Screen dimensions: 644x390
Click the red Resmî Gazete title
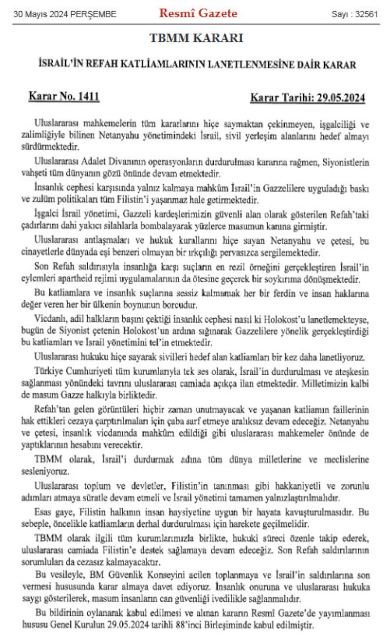click(x=198, y=14)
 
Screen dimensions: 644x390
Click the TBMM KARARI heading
click(x=196, y=38)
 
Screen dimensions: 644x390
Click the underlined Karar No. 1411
click(x=64, y=97)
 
